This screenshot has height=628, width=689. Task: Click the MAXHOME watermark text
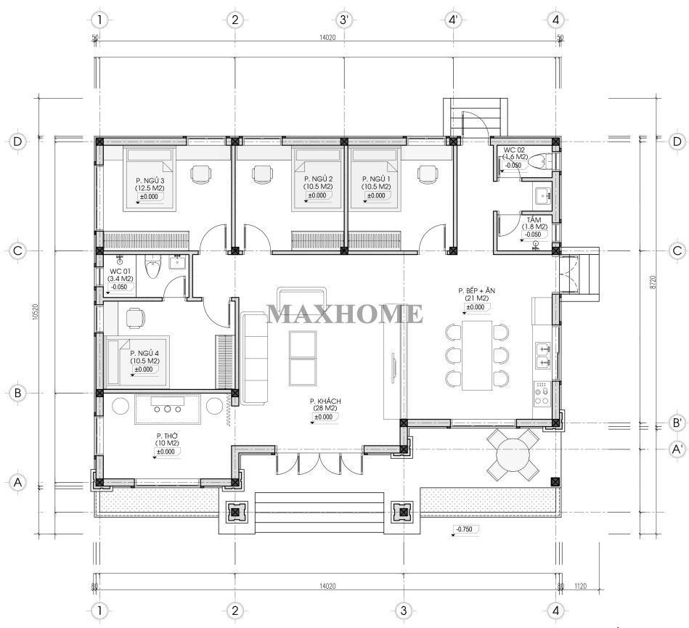(x=345, y=314)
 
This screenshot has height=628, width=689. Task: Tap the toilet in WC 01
(x=153, y=266)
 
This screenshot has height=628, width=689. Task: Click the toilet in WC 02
(x=538, y=161)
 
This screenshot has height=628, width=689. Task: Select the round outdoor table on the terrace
(x=513, y=455)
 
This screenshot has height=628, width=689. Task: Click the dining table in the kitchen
(x=477, y=356)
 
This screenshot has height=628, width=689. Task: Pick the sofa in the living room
(x=254, y=358)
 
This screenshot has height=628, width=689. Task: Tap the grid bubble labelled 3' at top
(x=344, y=20)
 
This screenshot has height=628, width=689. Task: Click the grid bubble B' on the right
(x=677, y=423)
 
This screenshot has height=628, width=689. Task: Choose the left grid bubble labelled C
(x=17, y=251)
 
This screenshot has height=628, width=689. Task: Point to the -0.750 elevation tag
(x=465, y=529)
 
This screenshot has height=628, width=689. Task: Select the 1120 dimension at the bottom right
(x=581, y=586)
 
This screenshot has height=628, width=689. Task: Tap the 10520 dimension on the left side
(x=36, y=312)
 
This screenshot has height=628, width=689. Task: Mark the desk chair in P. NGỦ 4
(x=135, y=318)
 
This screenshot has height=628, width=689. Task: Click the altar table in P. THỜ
(x=168, y=409)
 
